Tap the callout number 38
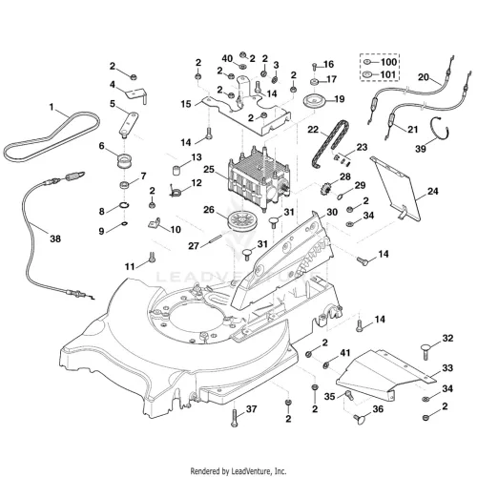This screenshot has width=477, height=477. (x=55, y=238)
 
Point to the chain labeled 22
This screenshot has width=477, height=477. (x=329, y=142)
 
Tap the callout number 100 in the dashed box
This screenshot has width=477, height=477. (x=388, y=62)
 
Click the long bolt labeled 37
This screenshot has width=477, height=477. (x=235, y=417)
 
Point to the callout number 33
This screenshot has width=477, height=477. (x=447, y=368)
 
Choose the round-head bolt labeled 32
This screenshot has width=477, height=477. (x=426, y=351)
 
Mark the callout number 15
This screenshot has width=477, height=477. (x=186, y=104)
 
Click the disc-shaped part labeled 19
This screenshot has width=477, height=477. (x=313, y=102)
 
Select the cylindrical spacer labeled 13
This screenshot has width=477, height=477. (x=177, y=170)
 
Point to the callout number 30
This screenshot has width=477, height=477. (x=332, y=212)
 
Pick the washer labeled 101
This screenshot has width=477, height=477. (x=367, y=74)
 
